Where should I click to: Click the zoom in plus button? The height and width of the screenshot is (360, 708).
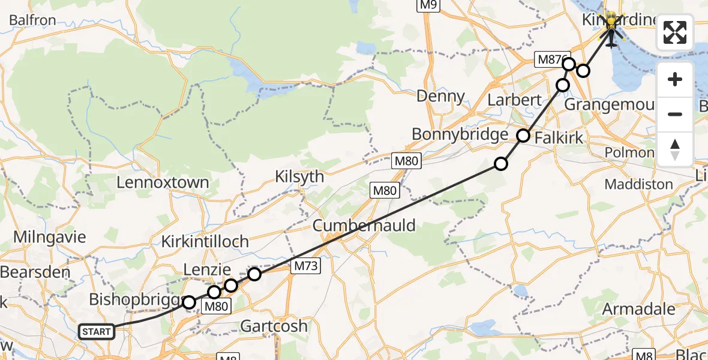pos(675,79)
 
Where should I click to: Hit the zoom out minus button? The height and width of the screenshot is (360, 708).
pos(675,114)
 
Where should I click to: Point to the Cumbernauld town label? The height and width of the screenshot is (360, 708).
pos(364,226)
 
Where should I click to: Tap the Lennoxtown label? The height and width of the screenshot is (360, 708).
pos(163,182)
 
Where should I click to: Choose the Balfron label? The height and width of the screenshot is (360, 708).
pos(32,20)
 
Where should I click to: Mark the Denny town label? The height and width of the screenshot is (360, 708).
pos(440,96)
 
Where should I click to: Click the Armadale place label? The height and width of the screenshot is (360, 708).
pos(638,309)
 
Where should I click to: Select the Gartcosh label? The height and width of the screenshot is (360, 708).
pos(274,326)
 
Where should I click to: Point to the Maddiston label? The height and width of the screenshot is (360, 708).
pos(638,184)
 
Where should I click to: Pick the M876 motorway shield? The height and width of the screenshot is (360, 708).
pos(549,59)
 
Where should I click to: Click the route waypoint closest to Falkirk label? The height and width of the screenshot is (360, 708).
pos(524,136)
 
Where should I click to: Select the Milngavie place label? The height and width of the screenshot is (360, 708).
pos(41,236)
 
